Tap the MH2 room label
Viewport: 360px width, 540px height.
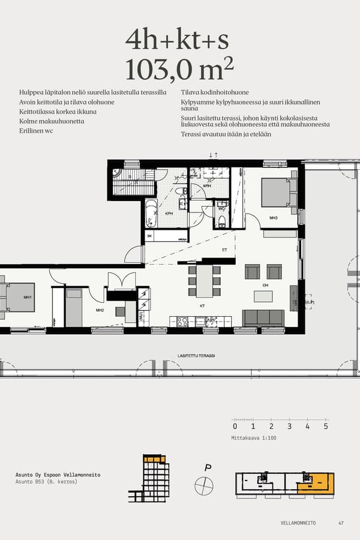(x=100, y=310)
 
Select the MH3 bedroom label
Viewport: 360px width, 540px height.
(x=273, y=218)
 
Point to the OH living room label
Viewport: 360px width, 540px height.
(x=265, y=285)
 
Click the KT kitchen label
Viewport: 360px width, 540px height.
(x=203, y=305)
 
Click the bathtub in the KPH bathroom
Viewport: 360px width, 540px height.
(x=151, y=214)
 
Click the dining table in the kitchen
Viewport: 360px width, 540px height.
(x=204, y=280)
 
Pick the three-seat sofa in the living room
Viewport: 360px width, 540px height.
(x=263, y=317)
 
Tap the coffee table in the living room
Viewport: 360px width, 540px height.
(x=263, y=296)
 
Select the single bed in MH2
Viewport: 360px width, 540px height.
(x=73, y=307)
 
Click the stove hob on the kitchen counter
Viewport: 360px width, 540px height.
(x=182, y=322)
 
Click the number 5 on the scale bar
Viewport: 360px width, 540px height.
(x=326, y=427)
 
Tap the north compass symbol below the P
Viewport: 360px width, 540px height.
(x=204, y=485)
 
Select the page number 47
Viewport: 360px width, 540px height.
(x=341, y=523)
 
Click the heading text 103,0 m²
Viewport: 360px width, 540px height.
(x=179, y=70)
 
